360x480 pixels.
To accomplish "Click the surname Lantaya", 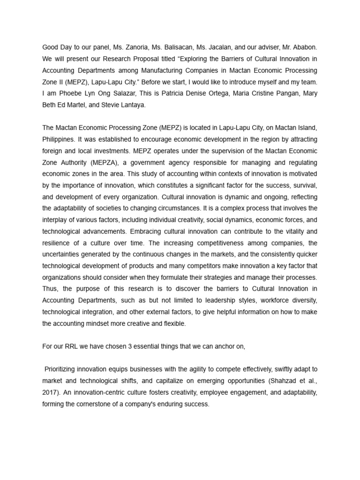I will pyautogui.click(x=132, y=105).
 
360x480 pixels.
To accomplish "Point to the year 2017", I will pyautogui.click(x=50, y=392).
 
